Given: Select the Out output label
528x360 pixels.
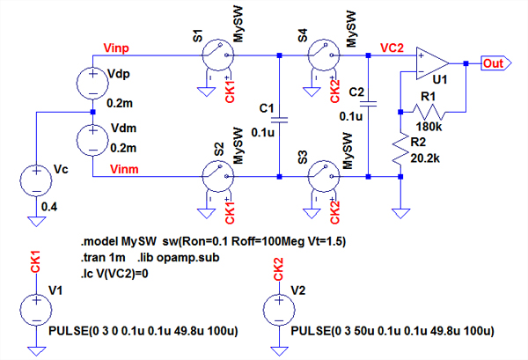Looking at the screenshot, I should pos(494,62).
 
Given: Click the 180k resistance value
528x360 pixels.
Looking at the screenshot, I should pos(428,125).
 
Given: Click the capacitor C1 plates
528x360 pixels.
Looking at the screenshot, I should pos(279,117).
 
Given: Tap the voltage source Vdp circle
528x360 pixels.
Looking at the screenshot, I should pos(92,84).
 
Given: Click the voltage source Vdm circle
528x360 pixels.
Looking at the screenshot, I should pos(92,139).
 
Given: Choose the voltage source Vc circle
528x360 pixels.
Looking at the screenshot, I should pos(36,177).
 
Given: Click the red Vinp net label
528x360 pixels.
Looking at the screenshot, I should pos(118,47).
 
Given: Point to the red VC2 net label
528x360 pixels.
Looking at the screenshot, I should pos(392,47).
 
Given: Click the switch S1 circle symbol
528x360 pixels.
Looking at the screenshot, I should pos(212,57).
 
